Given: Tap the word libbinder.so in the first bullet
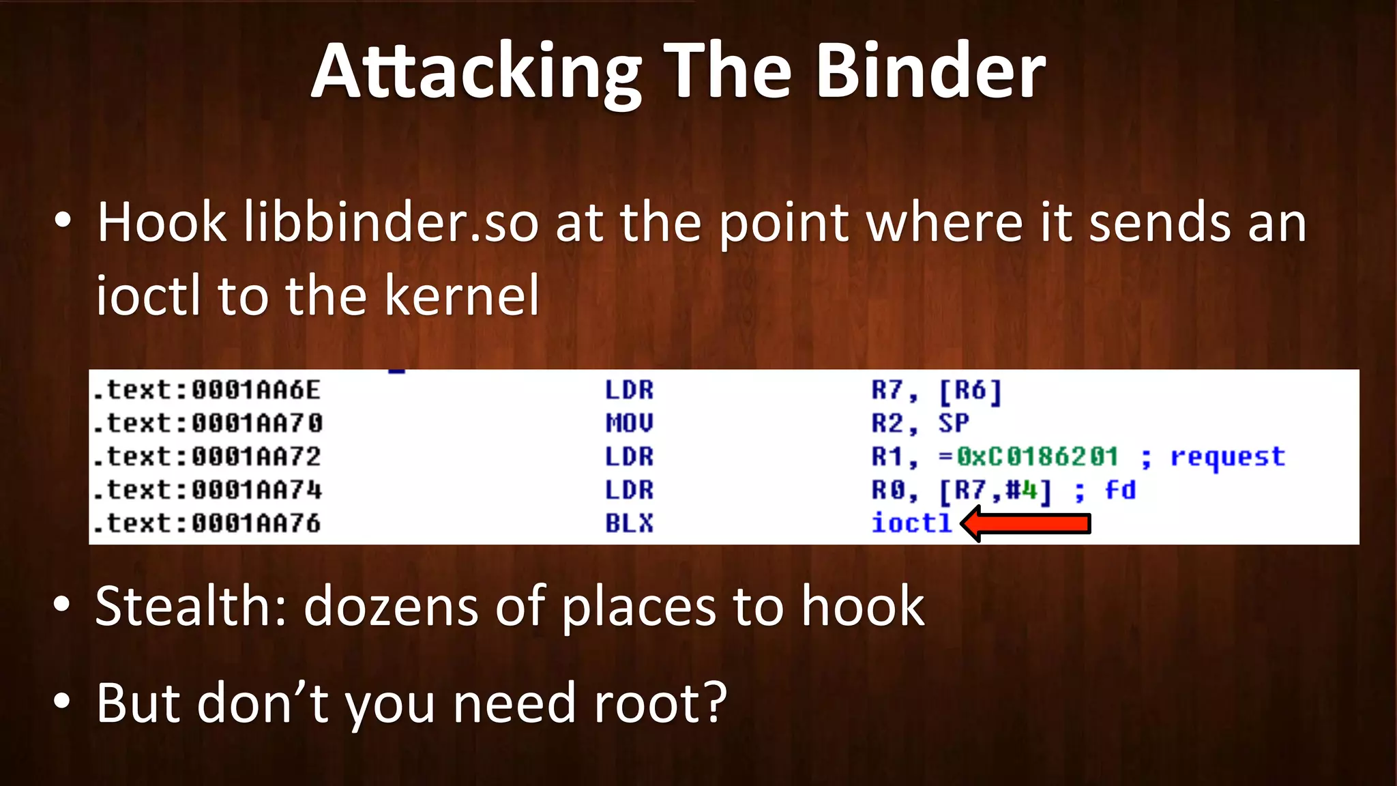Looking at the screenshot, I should click(x=392, y=223).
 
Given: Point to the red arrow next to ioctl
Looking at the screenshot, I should click(x=1027, y=524).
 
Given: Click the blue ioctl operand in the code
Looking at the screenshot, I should click(x=911, y=523).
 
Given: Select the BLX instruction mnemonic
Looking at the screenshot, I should click(x=629, y=523).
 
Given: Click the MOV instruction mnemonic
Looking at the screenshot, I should click(x=629, y=423).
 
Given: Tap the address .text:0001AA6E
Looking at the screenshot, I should click(x=207, y=390).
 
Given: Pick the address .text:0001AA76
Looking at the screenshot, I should click(x=207, y=523).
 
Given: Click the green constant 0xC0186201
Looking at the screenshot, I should click(x=1037, y=456).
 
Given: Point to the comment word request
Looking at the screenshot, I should click(x=1228, y=456).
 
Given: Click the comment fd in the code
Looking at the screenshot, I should click(x=1120, y=490).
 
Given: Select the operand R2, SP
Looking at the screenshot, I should click(x=920, y=423).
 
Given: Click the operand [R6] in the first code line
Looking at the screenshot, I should click(x=970, y=390).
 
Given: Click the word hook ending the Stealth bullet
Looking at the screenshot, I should click(x=862, y=606).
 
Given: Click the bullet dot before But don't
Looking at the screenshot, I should click(x=62, y=701).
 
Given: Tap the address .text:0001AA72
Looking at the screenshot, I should click(x=207, y=456).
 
